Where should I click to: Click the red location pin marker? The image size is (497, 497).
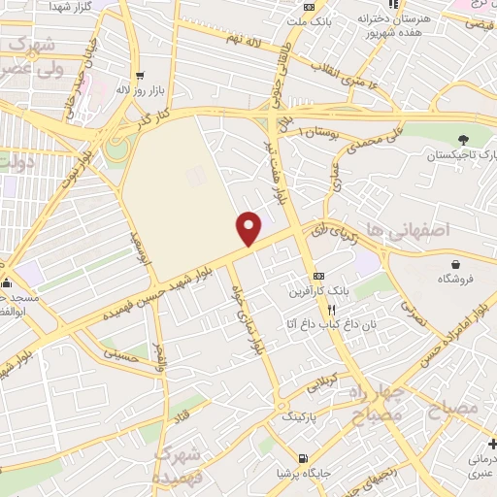[249, 228]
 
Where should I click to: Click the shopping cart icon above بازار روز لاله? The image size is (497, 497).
[141, 76]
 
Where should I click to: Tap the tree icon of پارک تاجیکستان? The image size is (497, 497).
[463, 140]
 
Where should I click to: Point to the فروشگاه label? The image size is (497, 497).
[455, 278]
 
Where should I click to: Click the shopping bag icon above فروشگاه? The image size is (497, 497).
[455, 263]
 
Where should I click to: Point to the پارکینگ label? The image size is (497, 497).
[301, 415]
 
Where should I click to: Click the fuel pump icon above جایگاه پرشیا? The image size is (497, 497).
[304, 458]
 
